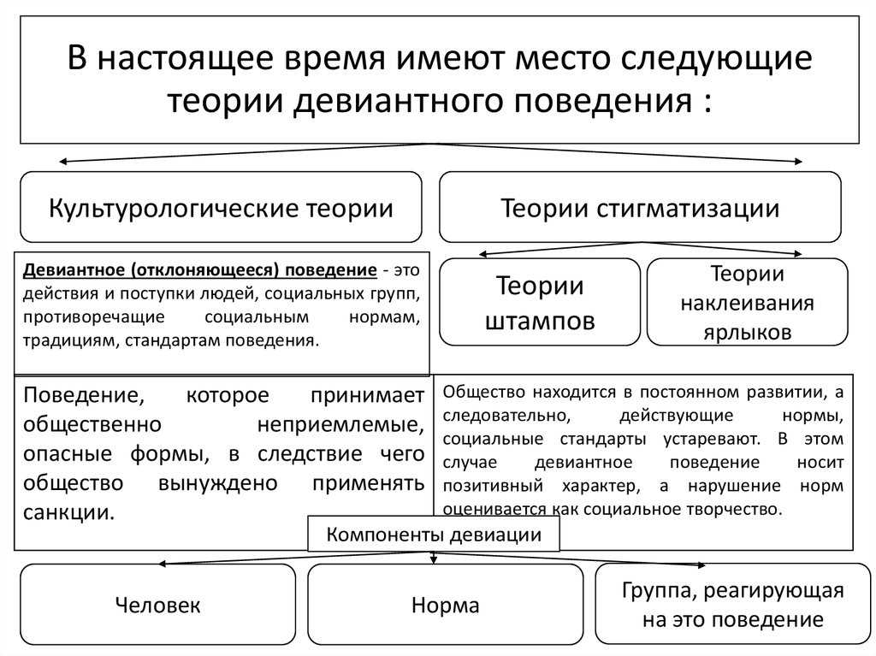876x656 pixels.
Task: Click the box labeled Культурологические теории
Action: (221, 207)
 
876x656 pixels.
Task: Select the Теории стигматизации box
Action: (640, 207)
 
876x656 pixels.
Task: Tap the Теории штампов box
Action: (540, 302)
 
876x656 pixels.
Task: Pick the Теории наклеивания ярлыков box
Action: (748, 302)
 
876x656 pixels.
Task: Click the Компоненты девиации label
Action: (434, 535)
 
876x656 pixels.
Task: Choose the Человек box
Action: (157, 604)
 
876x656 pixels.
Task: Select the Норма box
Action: (445, 604)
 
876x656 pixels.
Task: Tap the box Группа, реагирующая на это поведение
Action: (733, 604)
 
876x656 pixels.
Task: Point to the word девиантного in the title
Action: (399, 101)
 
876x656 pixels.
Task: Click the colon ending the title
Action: (707, 103)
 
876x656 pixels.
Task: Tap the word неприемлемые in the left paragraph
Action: (340, 425)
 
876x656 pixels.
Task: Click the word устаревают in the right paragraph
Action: (712, 440)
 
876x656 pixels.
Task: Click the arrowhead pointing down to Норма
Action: (434, 558)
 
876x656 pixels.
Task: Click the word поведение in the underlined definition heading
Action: (331, 270)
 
